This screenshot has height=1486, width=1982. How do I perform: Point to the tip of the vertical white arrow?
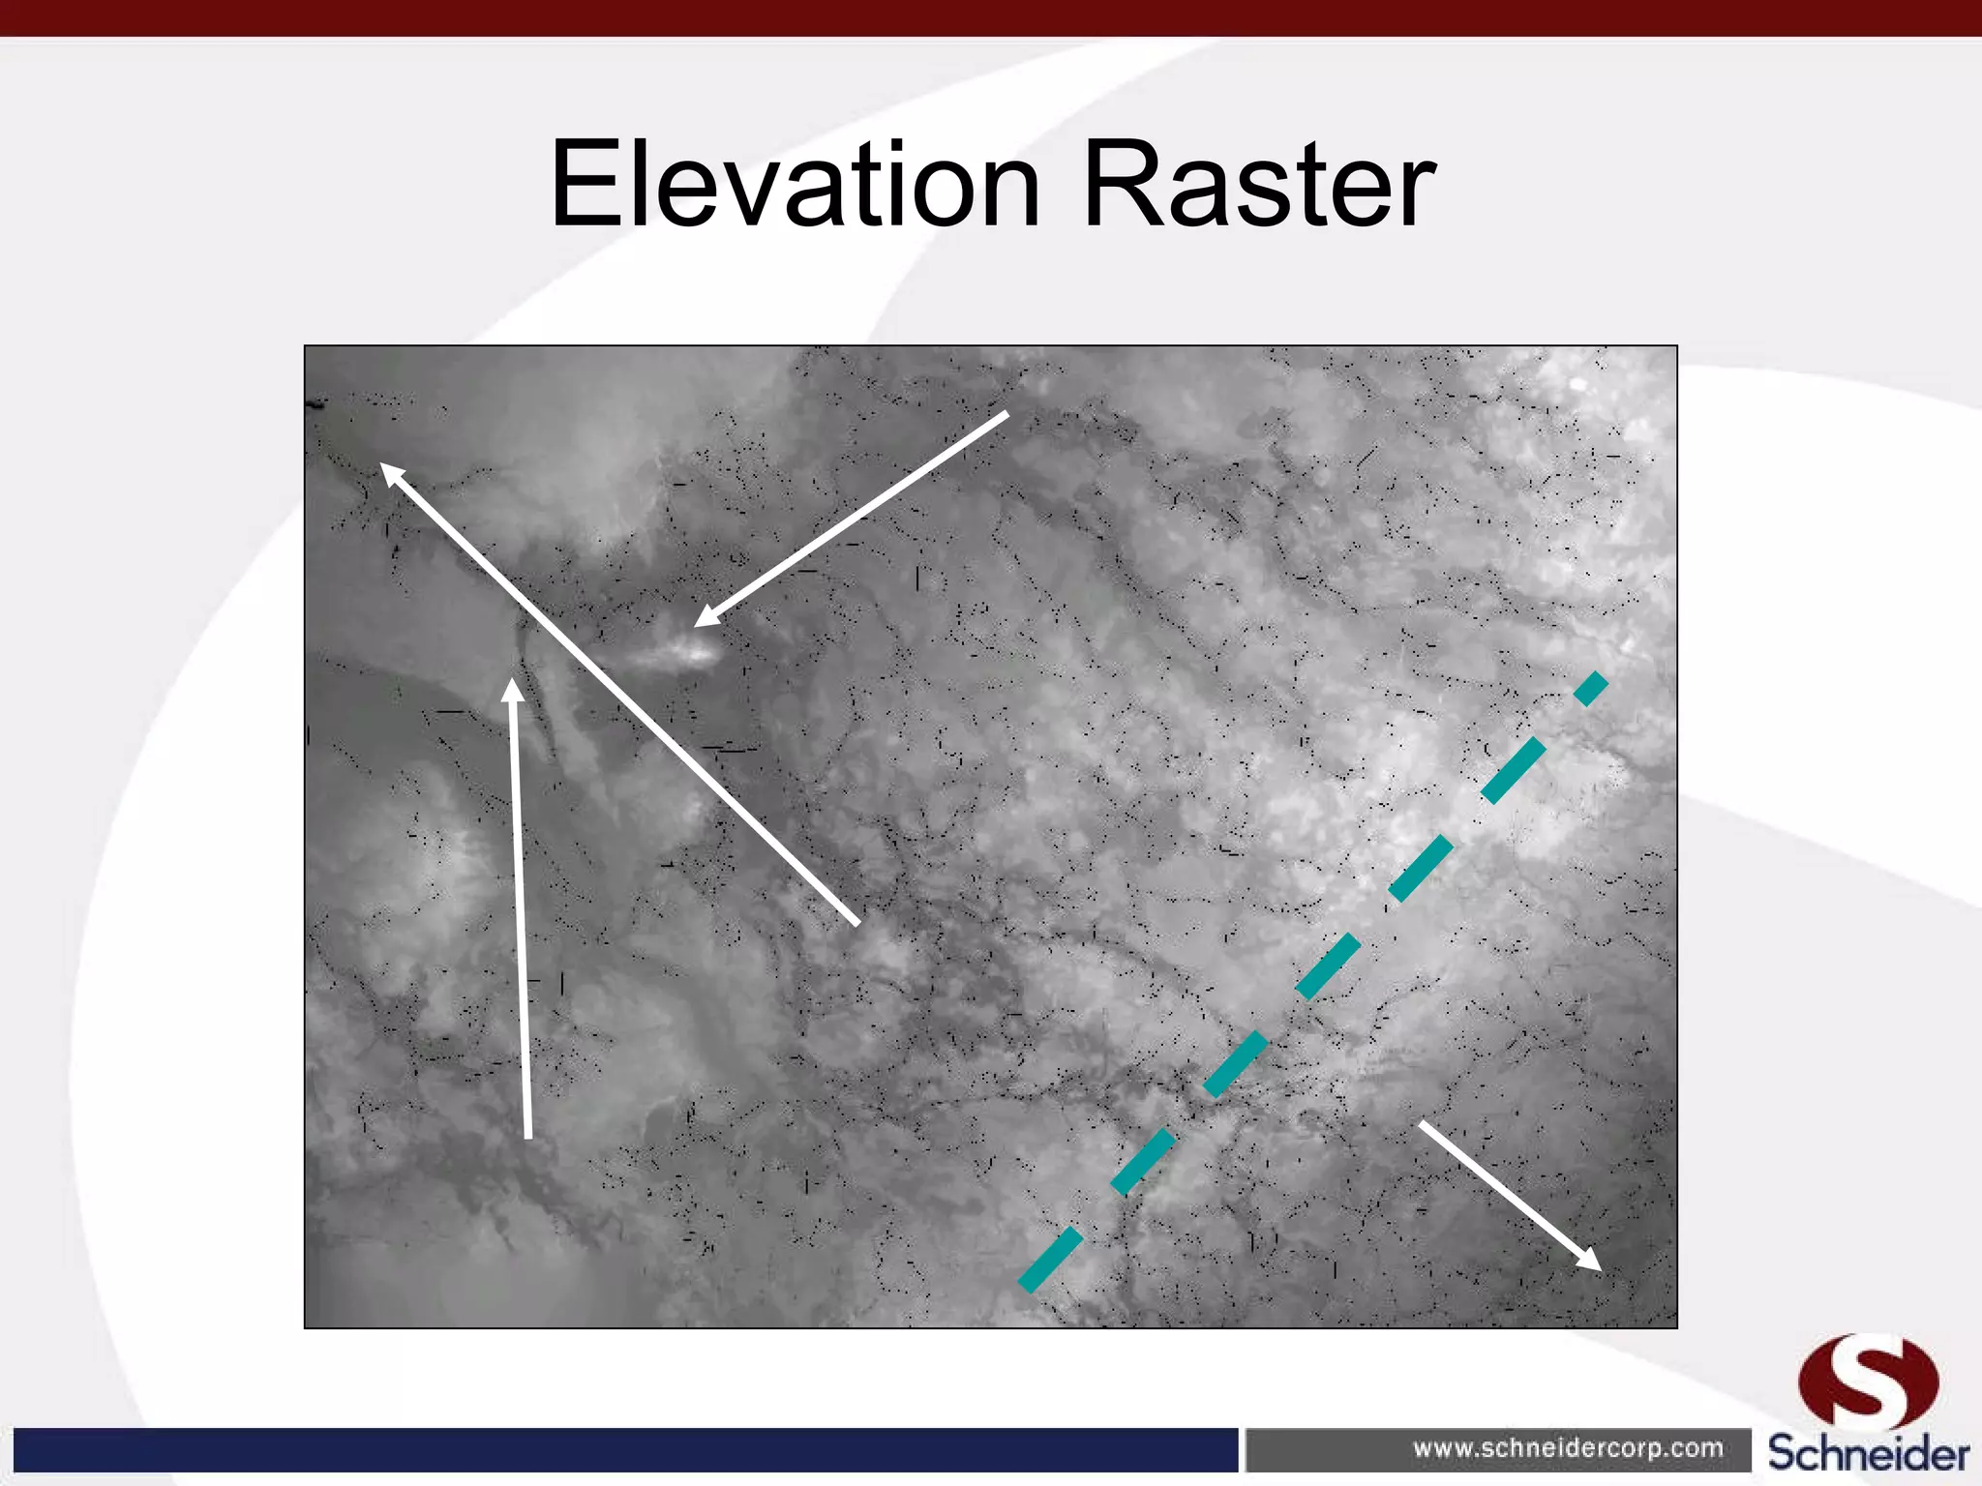[513, 681]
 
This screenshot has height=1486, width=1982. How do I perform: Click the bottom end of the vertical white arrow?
[528, 1137]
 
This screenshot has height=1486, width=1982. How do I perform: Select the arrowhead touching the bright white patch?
[699, 623]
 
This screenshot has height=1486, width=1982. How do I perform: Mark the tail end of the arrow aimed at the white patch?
[1006, 415]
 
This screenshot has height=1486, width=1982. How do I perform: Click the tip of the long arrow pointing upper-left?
[383, 466]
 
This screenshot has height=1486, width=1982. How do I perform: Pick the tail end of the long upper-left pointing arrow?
[856, 923]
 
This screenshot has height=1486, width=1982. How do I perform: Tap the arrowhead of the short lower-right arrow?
[1597, 1267]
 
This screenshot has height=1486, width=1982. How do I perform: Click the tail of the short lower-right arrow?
[1423, 1124]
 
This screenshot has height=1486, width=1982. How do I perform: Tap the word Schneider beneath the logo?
[1868, 1454]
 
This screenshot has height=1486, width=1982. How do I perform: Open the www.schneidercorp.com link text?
[1568, 1448]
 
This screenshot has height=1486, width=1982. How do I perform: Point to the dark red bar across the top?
[991, 17]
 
